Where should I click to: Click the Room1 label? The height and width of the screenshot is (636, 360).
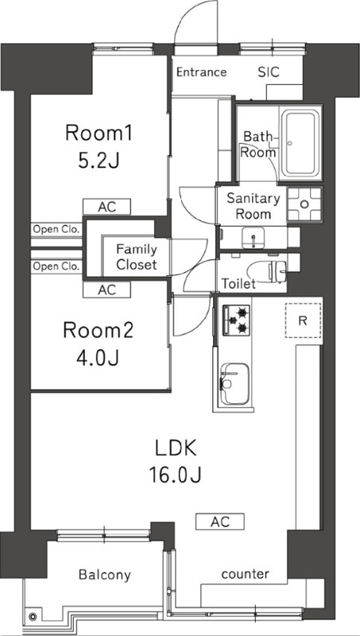[x=99, y=134]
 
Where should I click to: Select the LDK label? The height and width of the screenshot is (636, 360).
[x=176, y=449]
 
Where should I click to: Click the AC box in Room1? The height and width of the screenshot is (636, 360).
[x=107, y=207]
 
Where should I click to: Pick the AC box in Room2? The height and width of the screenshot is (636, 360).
[x=107, y=289]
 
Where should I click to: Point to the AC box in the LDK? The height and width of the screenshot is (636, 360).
[x=220, y=522]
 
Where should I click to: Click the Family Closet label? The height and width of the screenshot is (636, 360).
[x=136, y=257]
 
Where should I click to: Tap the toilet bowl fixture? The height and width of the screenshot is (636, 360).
[x=267, y=271]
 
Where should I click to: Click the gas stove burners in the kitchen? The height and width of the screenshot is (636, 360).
[x=236, y=320]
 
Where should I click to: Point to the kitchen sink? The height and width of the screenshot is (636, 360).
[x=234, y=383]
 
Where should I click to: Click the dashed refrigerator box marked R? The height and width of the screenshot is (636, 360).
[x=303, y=320]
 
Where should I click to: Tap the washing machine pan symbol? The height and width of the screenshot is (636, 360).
[x=304, y=204]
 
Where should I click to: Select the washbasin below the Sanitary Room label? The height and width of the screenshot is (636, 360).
[x=253, y=237]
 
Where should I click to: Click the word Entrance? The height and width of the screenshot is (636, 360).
[x=202, y=72]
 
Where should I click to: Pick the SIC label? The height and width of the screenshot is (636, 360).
[x=269, y=72]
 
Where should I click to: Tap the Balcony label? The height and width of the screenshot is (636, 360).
[x=105, y=575]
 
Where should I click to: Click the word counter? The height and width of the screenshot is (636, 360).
[x=246, y=574]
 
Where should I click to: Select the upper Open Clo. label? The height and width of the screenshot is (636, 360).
[x=56, y=230]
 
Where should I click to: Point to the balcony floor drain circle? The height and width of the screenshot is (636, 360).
[x=33, y=618]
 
